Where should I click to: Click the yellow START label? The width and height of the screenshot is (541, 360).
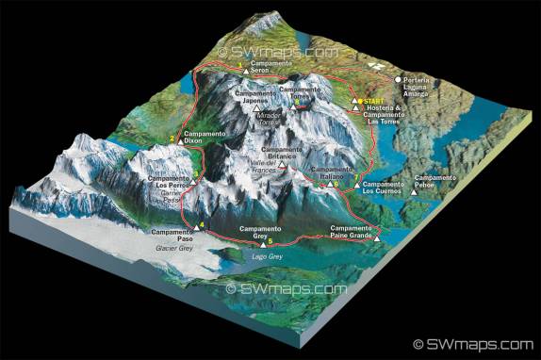click(374, 101)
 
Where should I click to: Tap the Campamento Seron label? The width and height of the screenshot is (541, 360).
click(271, 66)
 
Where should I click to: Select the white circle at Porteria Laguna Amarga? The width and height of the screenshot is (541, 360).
click(399, 79)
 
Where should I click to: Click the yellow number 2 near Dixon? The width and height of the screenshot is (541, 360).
click(172, 139)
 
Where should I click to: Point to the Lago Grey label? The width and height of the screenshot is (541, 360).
click(269, 254)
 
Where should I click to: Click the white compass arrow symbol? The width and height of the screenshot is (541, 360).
click(379, 67)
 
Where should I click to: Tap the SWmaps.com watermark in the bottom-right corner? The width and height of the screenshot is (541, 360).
click(479, 344)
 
